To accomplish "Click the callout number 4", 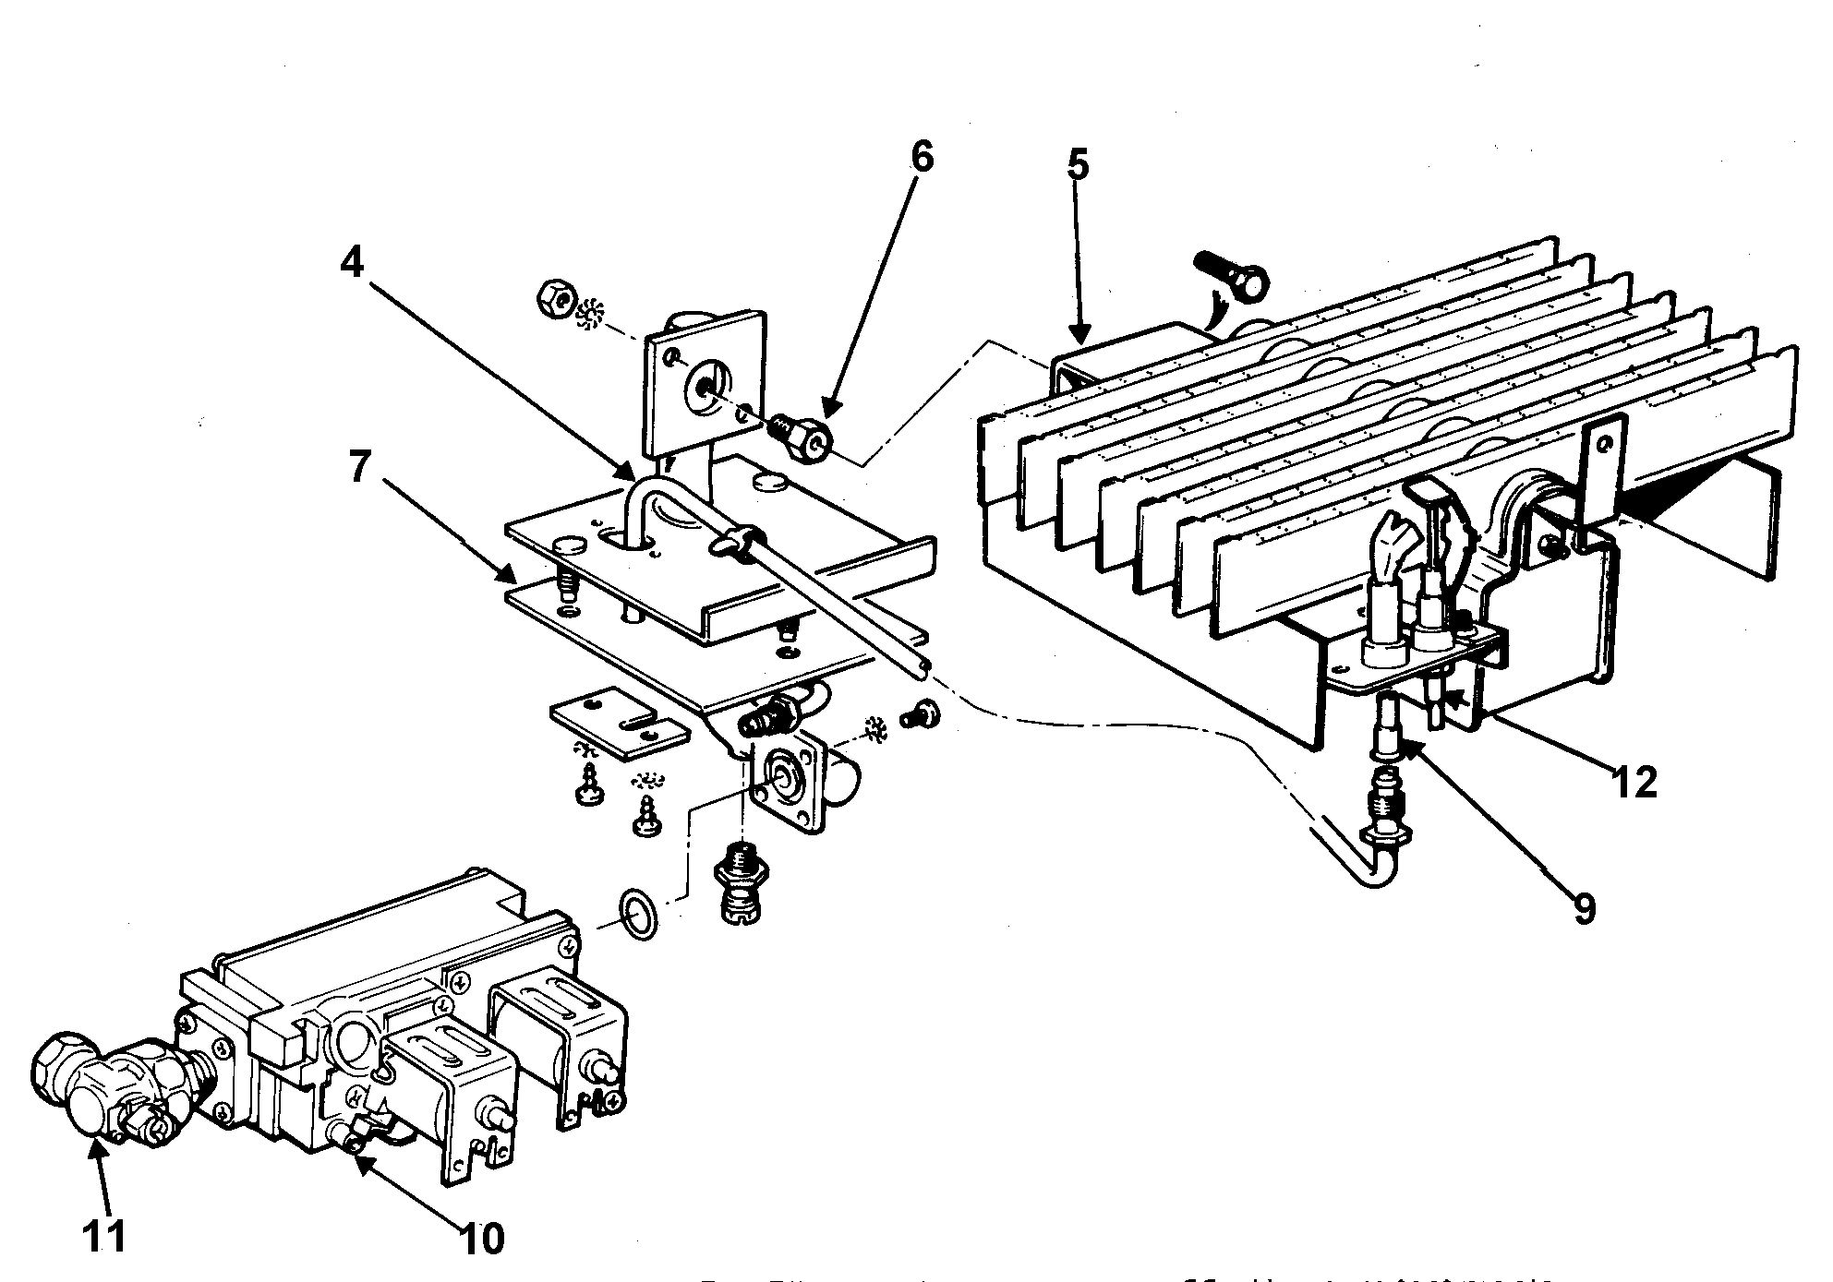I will pyautogui.click(x=352, y=263).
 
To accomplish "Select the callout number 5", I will pyautogui.click(x=1078, y=164).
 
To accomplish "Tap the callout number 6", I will pyautogui.click(x=922, y=157).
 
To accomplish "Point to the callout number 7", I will pyautogui.click(x=361, y=469).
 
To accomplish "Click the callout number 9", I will pyautogui.click(x=1584, y=909).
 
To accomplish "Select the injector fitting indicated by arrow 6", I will pyautogui.click(x=800, y=437).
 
